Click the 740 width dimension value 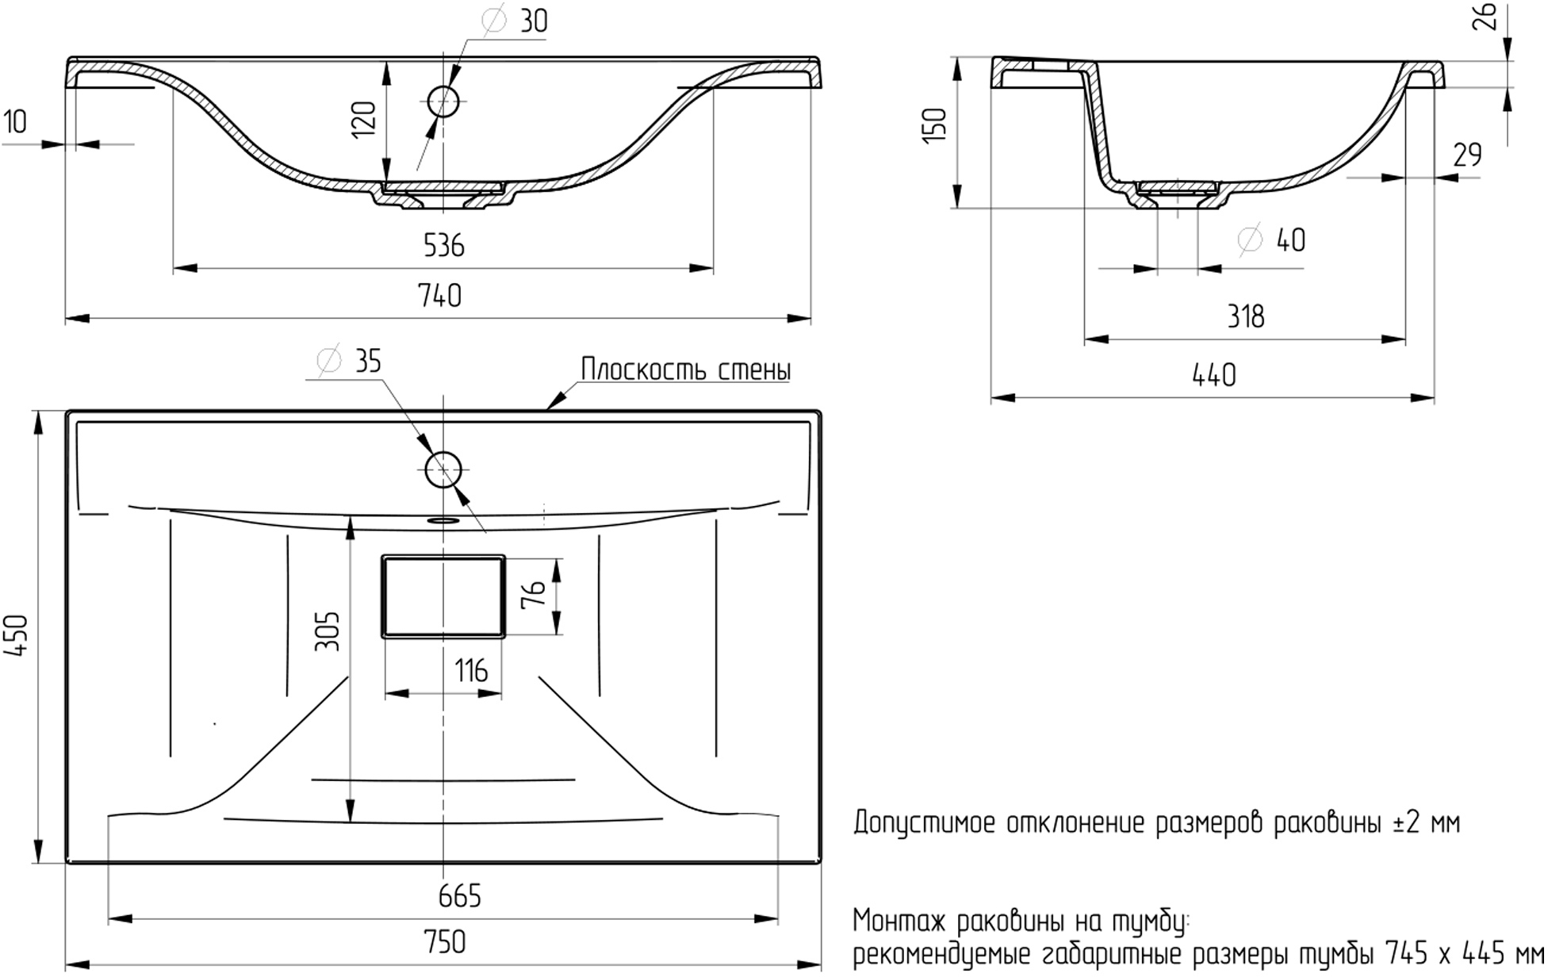click(x=440, y=296)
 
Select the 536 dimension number click(x=443, y=246)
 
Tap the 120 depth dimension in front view click(x=364, y=120)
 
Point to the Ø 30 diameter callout click(x=514, y=21)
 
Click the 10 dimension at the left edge click(x=15, y=122)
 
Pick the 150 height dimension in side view click(x=936, y=125)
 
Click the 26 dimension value click(x=1487, y=16)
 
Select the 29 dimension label click(x=1467, y=155)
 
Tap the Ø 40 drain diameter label click(x=1271, y=239)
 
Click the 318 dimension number click(x=1246, y=317)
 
